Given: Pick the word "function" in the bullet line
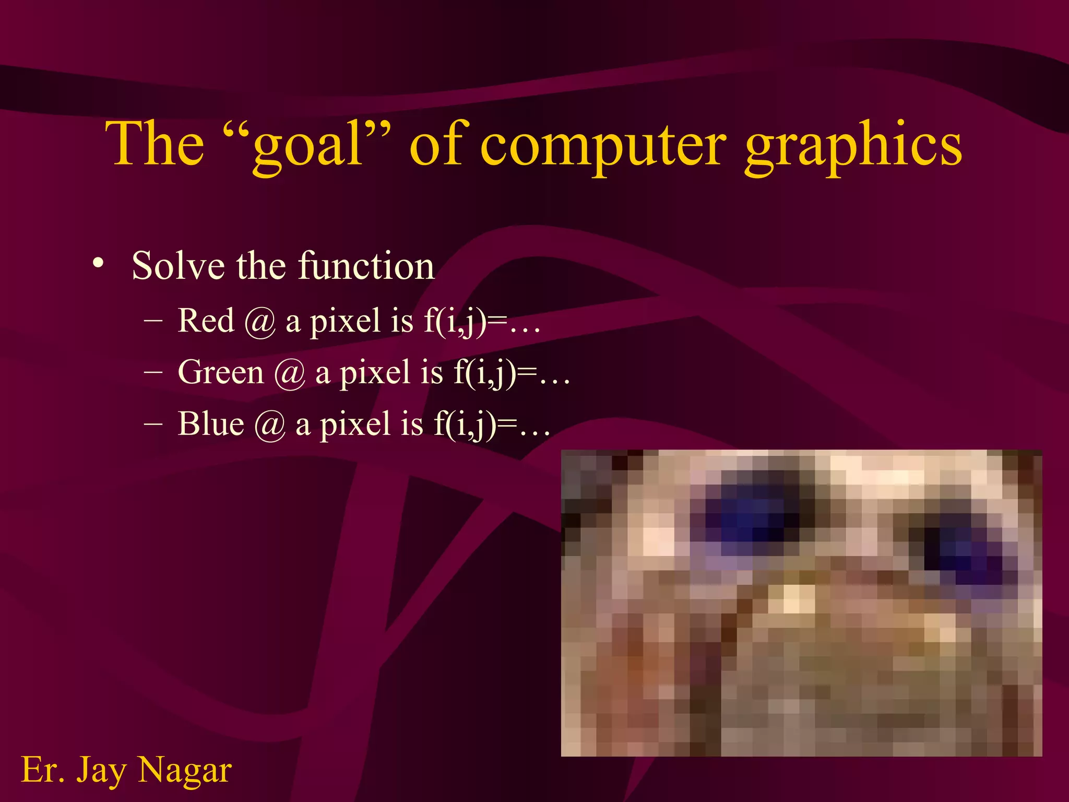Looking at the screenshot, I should coord(366,266).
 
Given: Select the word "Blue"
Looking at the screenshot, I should coord(211,423).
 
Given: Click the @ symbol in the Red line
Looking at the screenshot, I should coord(259,322).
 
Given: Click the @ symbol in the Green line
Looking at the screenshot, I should coord(289,374).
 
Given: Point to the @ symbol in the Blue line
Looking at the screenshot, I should coord(269,426).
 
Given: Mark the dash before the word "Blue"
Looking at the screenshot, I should coord(153,423).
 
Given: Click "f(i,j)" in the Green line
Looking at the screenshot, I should coord(485,373).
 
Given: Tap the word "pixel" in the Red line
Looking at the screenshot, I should coord(345,321).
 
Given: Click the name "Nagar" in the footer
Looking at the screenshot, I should coord(185,770).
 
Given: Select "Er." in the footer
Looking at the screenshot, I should coord(43,770).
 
